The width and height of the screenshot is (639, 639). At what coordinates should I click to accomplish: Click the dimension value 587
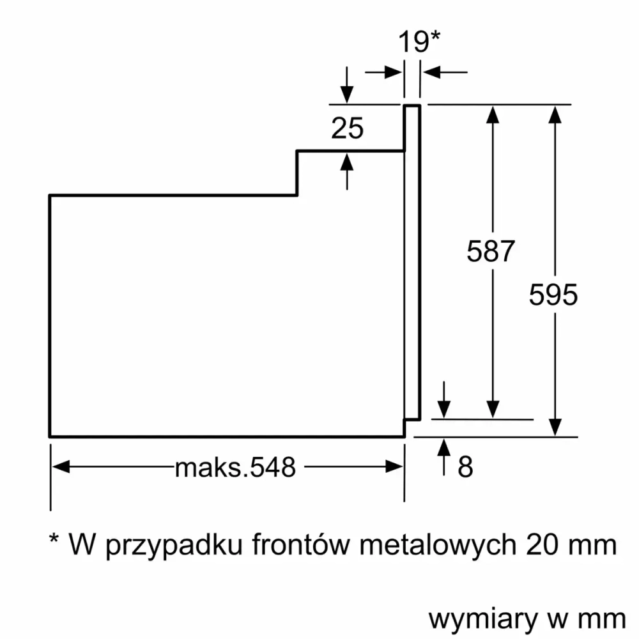click(x=491, y=251)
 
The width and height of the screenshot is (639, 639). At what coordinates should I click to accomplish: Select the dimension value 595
click(x=554, y=295)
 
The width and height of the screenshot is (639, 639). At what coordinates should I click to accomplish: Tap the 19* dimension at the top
click(x=419, y=42)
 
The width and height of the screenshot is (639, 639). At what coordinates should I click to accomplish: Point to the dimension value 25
click(x=347, y=129)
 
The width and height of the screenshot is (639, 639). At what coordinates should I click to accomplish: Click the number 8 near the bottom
click(x=465, y=467)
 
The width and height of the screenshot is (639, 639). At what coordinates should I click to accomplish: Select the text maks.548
click(x=236, y=468)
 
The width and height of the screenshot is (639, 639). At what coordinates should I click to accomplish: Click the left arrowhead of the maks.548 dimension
click(x=59, y=468)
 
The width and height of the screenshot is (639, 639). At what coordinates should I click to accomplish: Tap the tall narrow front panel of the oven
click(x=412, y=262)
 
